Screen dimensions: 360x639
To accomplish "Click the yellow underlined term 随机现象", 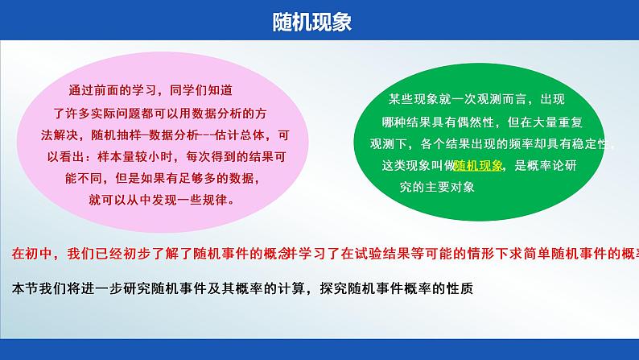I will [x=480, y=166].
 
